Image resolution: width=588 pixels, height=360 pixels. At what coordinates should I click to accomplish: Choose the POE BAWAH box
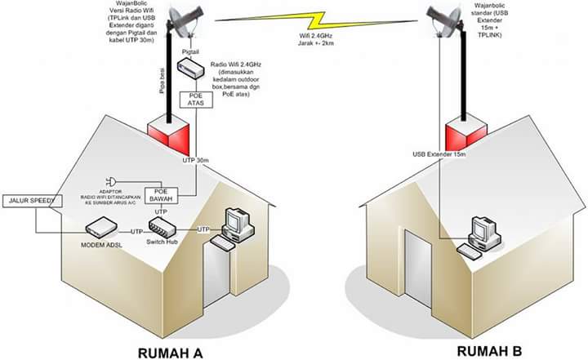pos(161,196)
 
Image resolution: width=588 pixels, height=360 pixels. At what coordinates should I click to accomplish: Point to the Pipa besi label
pos(163,82)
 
